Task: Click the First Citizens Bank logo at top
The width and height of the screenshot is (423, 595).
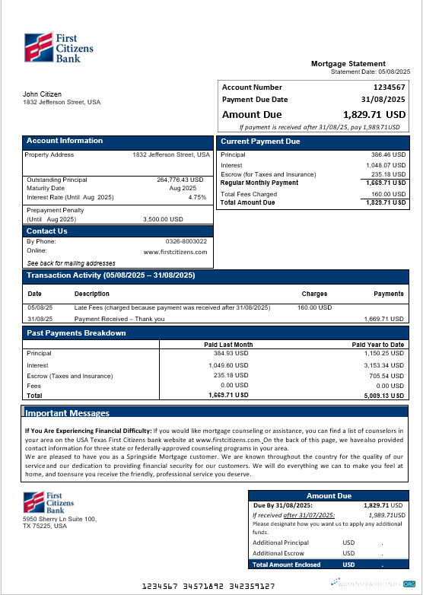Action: click(59, 48)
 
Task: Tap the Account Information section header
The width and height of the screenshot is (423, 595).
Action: click(65, 141)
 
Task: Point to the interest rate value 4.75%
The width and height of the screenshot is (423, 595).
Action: click(197, 197)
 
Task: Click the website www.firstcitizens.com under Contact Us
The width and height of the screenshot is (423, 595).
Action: click(175, 251)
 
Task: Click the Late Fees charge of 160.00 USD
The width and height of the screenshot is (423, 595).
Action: click(314, 308)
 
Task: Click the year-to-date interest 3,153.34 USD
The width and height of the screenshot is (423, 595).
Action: click(385, 365)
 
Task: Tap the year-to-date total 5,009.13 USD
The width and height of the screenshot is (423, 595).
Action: click(384, 396)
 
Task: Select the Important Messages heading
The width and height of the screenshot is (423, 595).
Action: click(67, 413)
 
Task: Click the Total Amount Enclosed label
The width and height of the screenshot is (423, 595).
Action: click(286, 565)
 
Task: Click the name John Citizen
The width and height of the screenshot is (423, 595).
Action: click(43, 94)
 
